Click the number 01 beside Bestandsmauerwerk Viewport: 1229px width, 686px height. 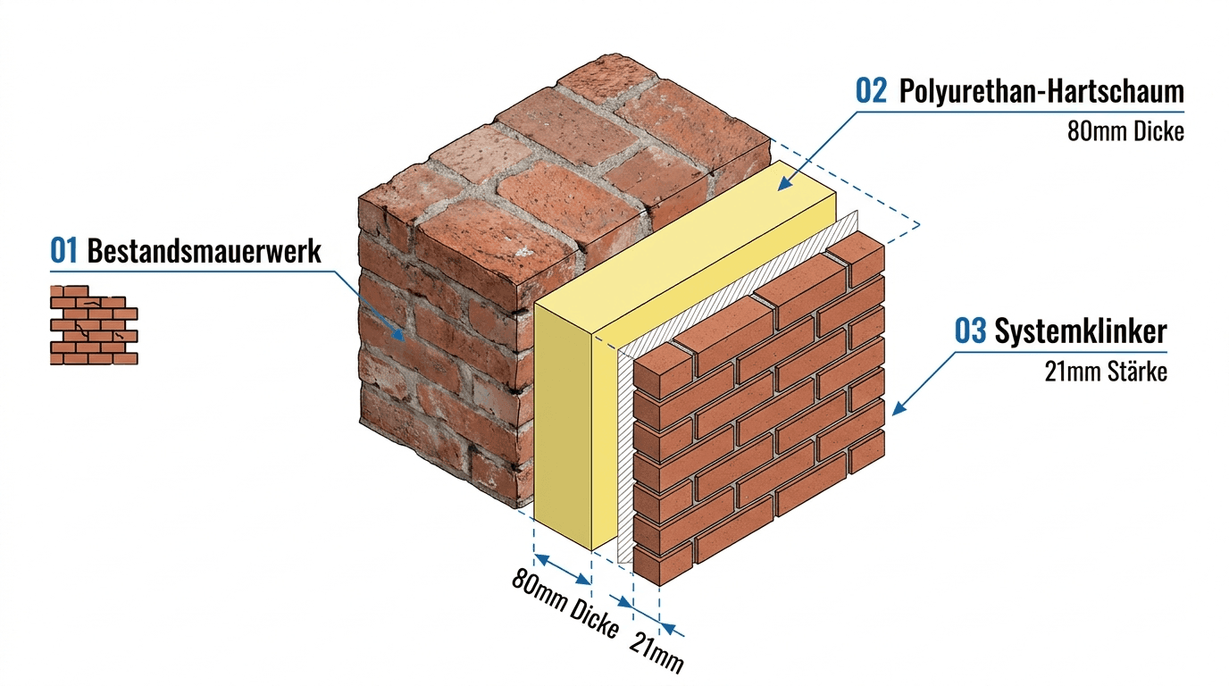coord(63,251)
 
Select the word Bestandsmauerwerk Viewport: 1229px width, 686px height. coord(205,251)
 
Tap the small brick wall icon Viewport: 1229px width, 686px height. coord(94,325)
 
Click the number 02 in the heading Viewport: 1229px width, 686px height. coord(871,90)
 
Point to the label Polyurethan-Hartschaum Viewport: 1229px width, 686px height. coord(1041,91)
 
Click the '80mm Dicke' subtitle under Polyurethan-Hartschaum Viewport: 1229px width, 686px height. coord(1125,131)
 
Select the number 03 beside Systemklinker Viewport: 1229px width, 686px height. coord(970,330)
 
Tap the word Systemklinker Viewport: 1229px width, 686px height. coord(1081,331)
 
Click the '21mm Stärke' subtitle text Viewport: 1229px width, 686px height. coord(1106,372)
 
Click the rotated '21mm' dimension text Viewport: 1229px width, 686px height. coord(656,652)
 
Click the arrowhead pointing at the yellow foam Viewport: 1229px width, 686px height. coord(785,183)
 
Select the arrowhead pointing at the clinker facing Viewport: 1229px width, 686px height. coord(899,408)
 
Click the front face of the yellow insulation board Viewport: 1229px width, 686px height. coord(563,426)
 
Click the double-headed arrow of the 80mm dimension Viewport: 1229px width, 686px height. coord(563,570)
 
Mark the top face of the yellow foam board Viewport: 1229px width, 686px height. coord(686,247)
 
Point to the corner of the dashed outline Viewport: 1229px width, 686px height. coord(920,224)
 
